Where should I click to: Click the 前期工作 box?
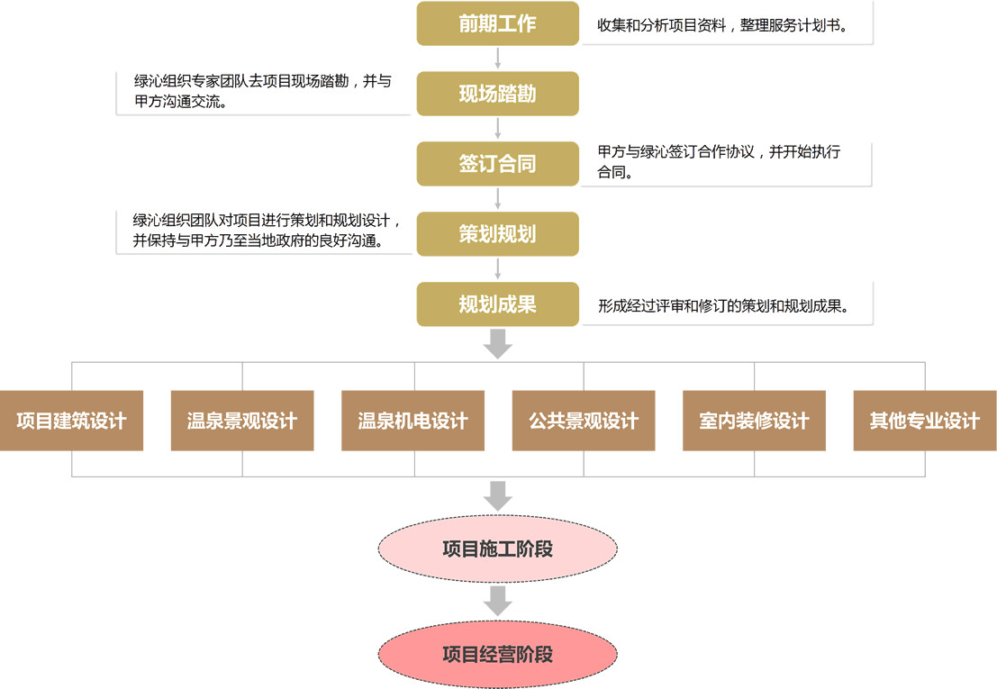(497, 23)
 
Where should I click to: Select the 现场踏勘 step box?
(497, 94)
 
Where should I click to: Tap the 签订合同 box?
(497, 164)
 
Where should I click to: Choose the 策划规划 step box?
(497, 234)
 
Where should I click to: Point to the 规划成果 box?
(497, 304)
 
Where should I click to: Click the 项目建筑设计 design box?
(71, 421)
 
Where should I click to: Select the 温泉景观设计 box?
(242, 421)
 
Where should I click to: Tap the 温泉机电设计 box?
(413, 421)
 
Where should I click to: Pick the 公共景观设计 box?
(584, 421)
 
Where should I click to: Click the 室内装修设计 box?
(754, 421)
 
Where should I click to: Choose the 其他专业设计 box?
(925, 421)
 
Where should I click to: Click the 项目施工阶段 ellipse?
(497, 548)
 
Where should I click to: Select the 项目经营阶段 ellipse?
(497, 655)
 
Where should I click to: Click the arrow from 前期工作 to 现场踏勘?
(497, 59)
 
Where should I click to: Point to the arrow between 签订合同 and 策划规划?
(497, 199)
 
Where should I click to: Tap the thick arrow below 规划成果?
(497, 343)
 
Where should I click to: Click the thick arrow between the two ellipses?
(497, 601)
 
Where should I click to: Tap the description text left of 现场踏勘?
(263, 91)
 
